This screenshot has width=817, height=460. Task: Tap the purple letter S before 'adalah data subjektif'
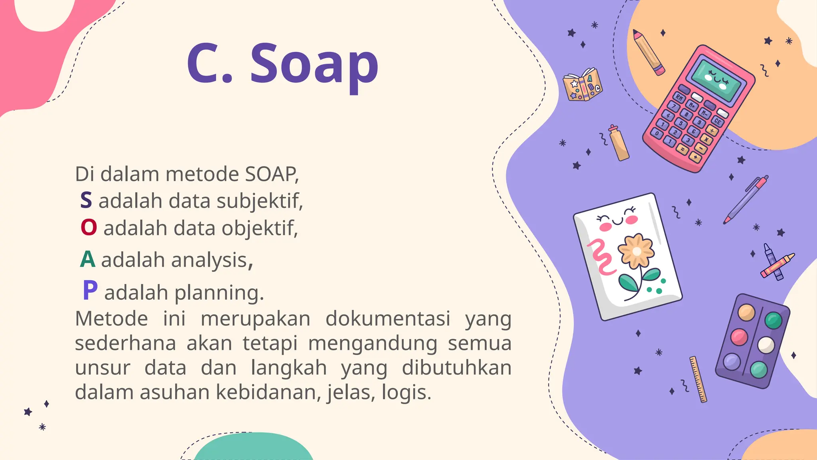point(86,200)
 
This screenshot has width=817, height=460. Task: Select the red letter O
point(89,228)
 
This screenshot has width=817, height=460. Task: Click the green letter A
point(88,260)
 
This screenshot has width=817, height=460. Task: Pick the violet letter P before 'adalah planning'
point(90,290)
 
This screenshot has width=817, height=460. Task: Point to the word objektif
point(260,229)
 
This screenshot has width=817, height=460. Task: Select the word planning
point(219,293)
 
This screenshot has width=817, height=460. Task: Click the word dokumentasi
point(388,319)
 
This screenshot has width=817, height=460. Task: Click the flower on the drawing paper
point(636,251)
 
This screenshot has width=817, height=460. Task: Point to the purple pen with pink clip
point(746,199)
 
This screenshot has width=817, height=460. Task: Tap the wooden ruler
point(698,379)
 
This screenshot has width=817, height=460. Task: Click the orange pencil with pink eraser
point(648,52)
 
